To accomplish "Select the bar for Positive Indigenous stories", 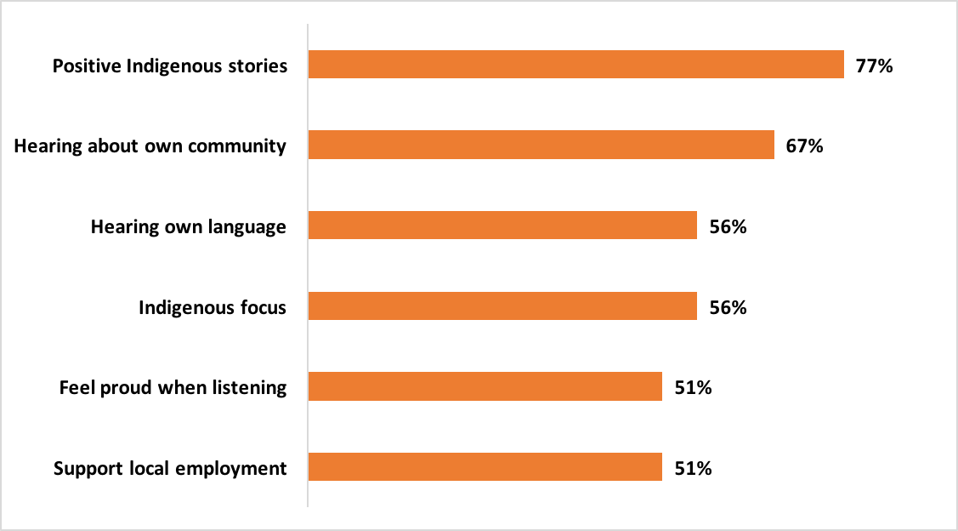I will coord(575,66).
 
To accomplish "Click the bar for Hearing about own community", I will coord(541,146).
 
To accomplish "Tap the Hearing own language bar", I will coord(502,226).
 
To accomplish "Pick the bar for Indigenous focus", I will coord(502,307).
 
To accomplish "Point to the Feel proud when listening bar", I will coord(485,387).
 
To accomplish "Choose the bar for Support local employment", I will coord(485,467).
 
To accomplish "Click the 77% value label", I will coord(875,66).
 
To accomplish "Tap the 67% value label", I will coord(805,146).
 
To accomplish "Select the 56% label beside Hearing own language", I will coord(728,226).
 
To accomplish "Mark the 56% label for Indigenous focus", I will coord(728,307).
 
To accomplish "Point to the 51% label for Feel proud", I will coord(693,387).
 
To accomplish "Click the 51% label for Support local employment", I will coord(693,467).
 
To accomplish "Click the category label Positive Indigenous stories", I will coord(170,66).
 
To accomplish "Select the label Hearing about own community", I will coord(150,146).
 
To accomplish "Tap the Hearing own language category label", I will coord(189,226).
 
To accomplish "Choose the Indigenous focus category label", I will coord(213,307).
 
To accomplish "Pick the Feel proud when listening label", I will coord(173,387).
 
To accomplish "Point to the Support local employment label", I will coord(170,468).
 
